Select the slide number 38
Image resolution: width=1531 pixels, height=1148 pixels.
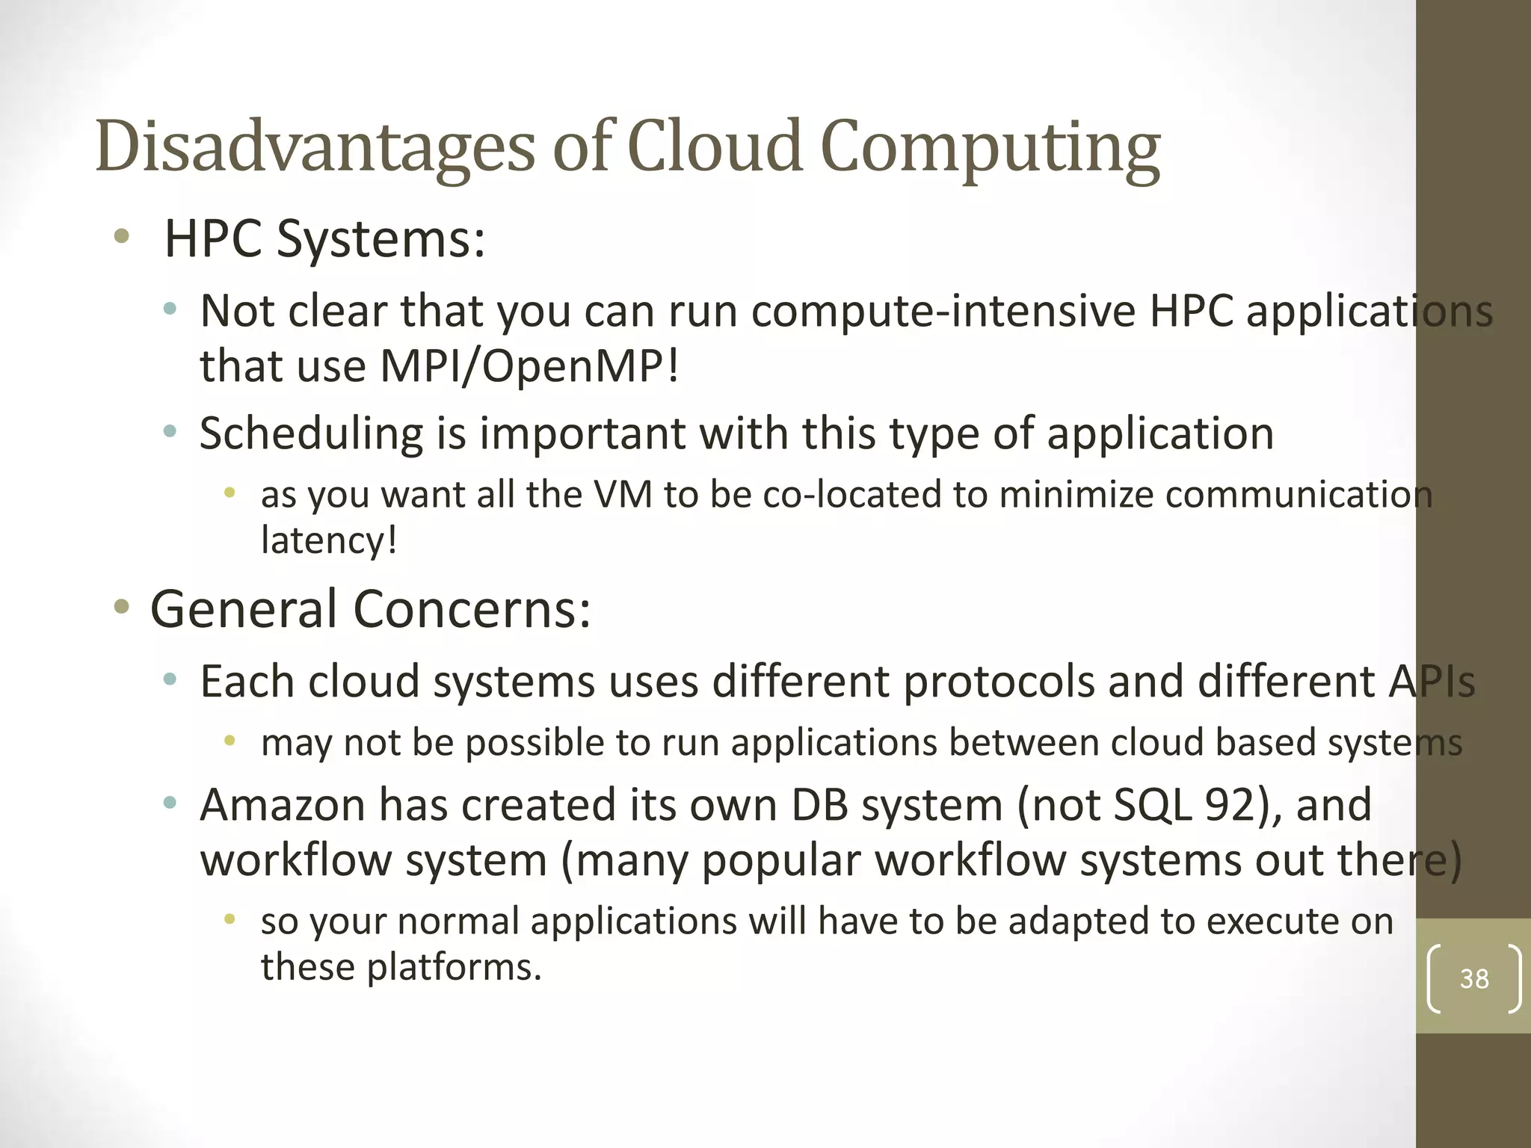pyautogui.click(x=1474, y=979)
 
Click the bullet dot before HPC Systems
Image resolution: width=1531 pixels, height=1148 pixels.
pyautogui.click(x=121, y=238)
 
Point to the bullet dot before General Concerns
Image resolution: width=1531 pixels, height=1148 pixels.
pyautogui.click(x=121, y=606)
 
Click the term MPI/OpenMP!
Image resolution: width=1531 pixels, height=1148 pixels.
pyautogui.click(x=530, y=366)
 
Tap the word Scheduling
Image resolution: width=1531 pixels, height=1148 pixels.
pyautogui.click(x=311, y=433)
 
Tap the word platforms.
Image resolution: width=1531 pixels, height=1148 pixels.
pyautogui.click(x=453, y=966)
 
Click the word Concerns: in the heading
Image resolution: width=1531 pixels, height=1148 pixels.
pyautogui.click(x=472, y=608)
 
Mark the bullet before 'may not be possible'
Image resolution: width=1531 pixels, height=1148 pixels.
pyautogui.click(x=230, y=741)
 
